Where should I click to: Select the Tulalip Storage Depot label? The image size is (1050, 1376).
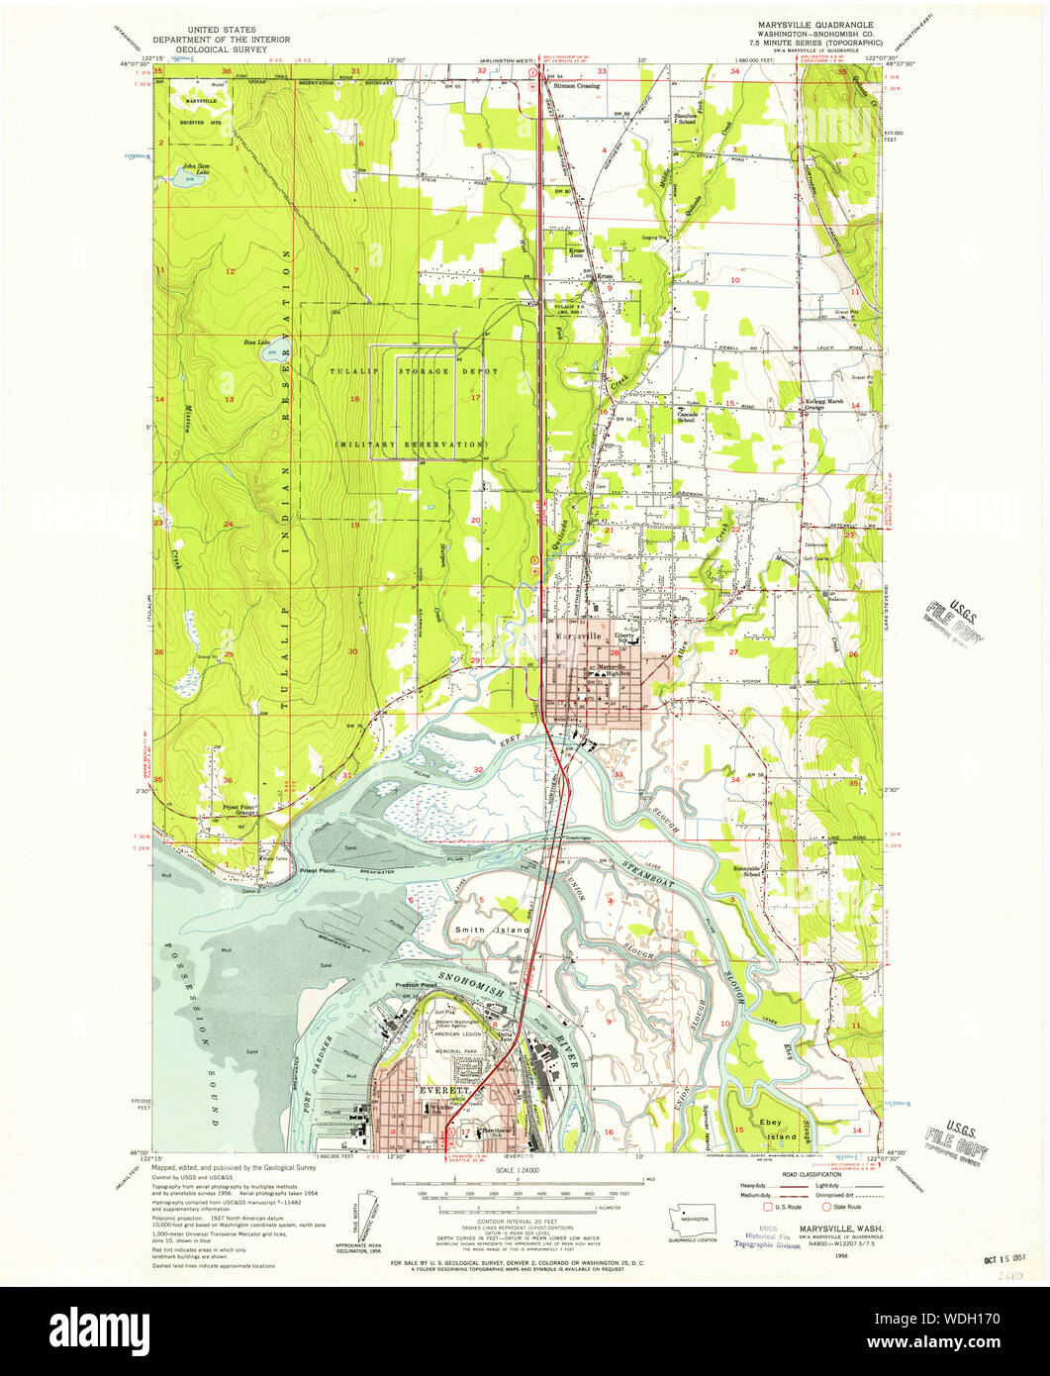[407, 370]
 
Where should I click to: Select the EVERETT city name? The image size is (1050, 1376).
[441, 1090]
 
